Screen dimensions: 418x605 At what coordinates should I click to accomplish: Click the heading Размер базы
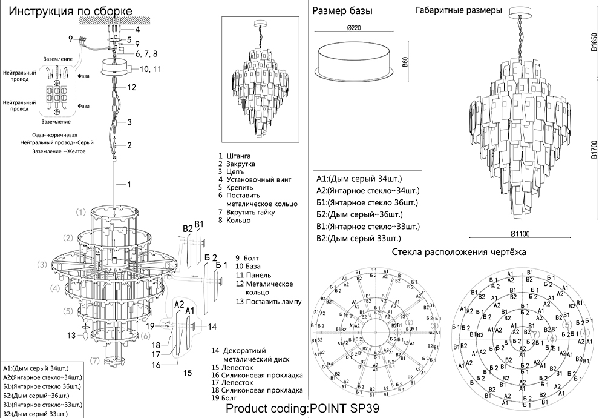(x=342, y=11)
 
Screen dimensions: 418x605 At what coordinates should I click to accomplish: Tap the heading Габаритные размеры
(x=459, y=11)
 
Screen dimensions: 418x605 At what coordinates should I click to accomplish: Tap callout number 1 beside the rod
(x=129, y=184)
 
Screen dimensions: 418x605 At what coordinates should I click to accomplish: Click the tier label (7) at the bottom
(x=94, y=361)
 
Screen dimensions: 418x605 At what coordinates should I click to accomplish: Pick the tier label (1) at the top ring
(x=81, y=213)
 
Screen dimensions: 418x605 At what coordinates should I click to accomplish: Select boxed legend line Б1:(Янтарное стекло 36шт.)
(x=366, y=202)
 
